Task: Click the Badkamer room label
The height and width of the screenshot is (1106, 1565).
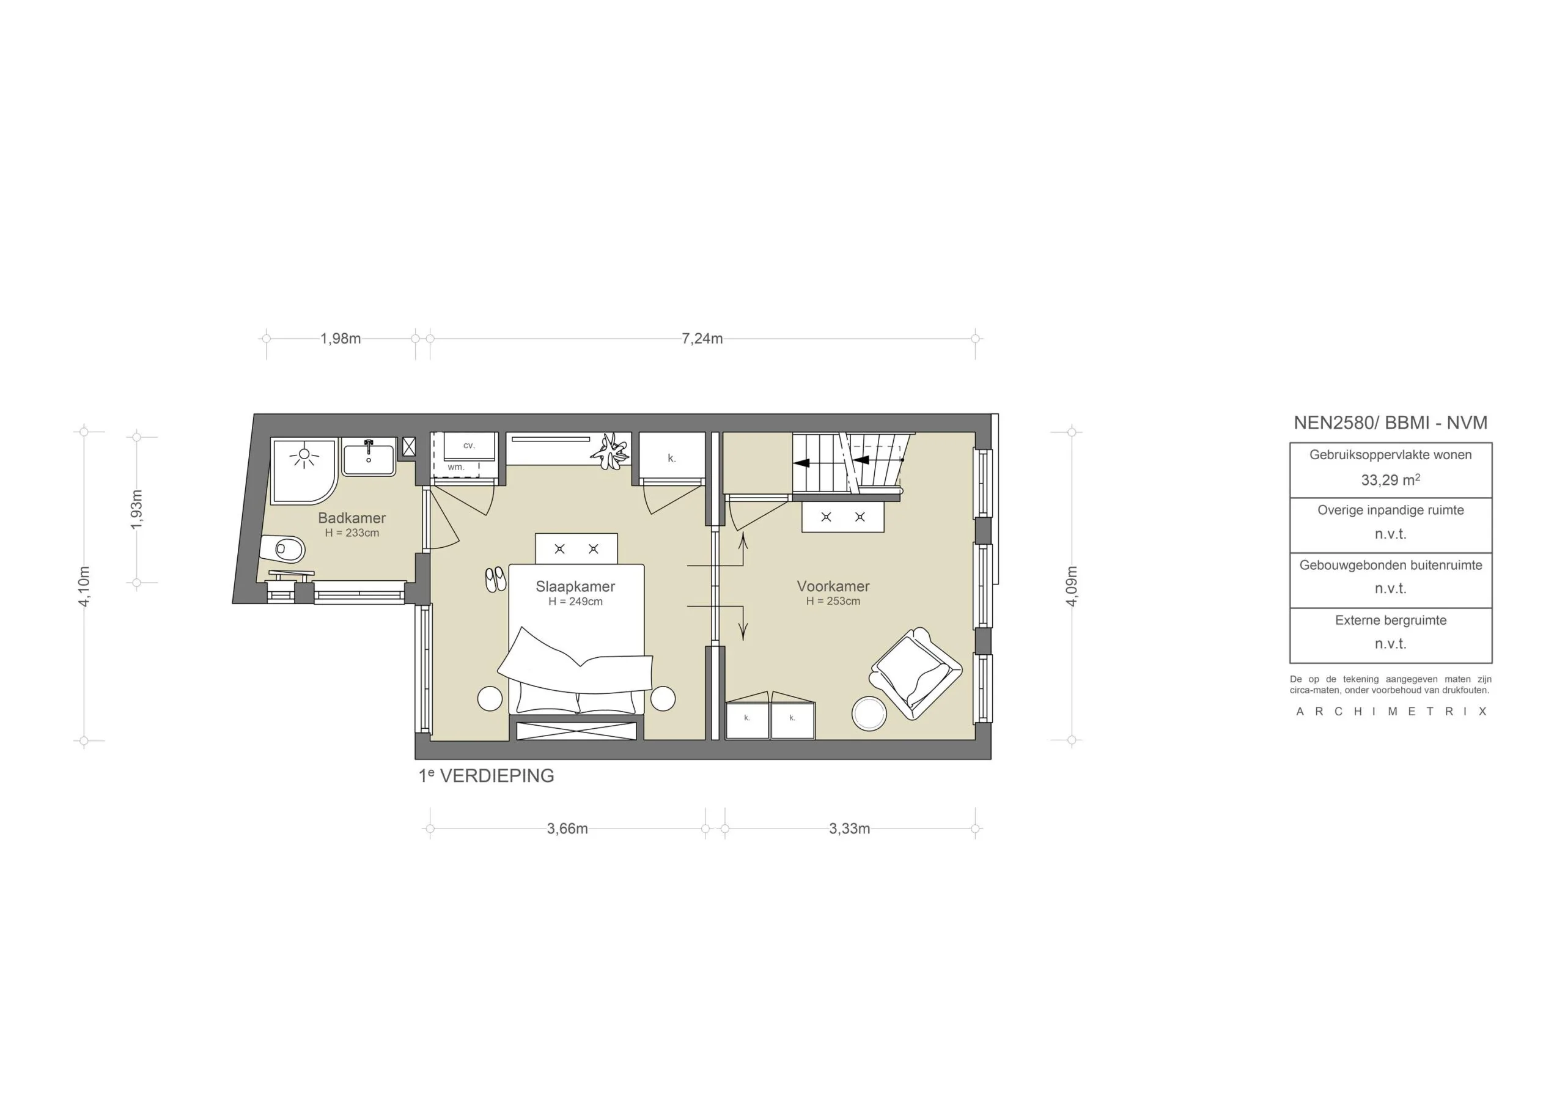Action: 352,518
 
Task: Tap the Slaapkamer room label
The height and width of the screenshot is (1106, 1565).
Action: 575,586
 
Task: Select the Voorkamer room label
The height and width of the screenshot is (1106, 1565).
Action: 833,586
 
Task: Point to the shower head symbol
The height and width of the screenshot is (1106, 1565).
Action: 304,455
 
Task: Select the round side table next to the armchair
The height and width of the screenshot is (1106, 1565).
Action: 869,714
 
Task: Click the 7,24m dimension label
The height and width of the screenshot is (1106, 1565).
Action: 702,339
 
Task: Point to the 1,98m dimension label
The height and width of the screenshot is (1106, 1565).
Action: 341,339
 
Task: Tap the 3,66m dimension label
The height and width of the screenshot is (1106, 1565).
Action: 567,829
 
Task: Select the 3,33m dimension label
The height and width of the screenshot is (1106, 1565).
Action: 849,829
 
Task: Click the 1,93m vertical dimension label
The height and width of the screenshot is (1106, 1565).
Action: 137,509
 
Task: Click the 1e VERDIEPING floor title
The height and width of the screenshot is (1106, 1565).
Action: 486,776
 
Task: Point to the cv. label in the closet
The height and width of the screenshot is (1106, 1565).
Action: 469,445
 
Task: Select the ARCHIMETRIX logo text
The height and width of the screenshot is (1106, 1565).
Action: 1391,712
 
